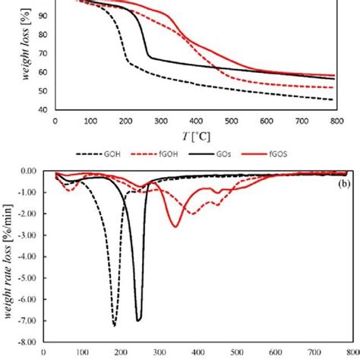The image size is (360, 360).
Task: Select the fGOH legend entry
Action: click(x=178, y=153)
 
